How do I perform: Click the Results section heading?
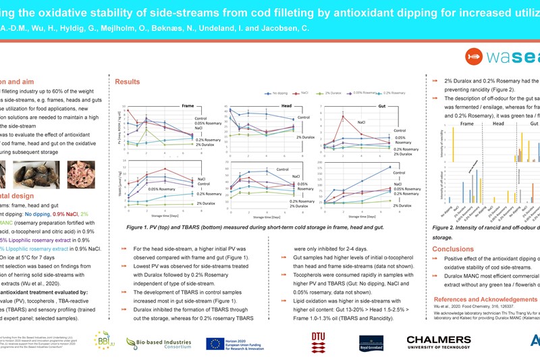pyautogui.click(x=127, y=81)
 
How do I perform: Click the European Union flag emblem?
pyautogui.click(x=219, y=344)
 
